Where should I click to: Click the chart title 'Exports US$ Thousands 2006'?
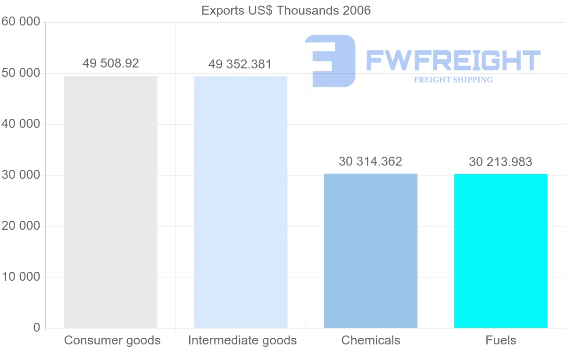(286, 10)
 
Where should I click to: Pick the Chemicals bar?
(371, 251)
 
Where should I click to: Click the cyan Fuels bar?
(501, 251)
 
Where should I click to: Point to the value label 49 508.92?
(111, 63)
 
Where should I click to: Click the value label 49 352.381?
(241, 64)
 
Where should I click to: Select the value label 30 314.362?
(371, 161)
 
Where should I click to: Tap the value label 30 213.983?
(500, 162)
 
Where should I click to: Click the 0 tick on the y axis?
(37, 328)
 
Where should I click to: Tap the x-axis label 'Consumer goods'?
(112, 340)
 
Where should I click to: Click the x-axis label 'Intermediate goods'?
(242, 340)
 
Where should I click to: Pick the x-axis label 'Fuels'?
(501, 340)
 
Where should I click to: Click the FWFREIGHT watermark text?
(453, 60)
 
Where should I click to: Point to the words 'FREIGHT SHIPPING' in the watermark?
(453, 80)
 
